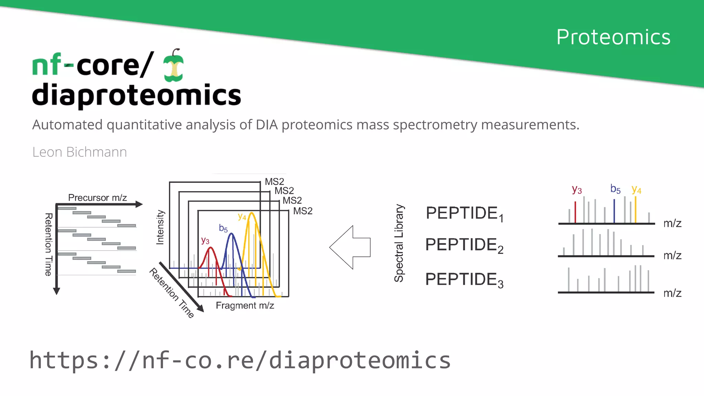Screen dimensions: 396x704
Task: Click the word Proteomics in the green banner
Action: tap(613, 37)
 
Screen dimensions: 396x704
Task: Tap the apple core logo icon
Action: tap(174, 66)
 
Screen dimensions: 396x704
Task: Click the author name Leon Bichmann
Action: tap(79, 152)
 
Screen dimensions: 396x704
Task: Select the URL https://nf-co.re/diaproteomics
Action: tap(240, 360)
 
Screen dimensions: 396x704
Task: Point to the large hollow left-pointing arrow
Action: tap(350, 247)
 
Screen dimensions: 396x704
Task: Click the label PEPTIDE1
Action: tap(464, 213)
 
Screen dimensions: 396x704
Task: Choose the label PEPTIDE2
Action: tap(464, 245)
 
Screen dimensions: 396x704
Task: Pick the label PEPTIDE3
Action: tap(464, 279)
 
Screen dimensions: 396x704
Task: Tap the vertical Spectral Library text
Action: tap(399, 243)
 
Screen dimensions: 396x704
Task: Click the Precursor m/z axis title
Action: tap(97, 198)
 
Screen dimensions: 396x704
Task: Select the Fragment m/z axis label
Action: tap(245, 305)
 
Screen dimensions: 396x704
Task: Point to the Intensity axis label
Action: tap(160, 227)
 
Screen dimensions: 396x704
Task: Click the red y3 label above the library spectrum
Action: tap(576, 189)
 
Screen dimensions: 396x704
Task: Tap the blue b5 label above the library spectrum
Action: tap(615, 189)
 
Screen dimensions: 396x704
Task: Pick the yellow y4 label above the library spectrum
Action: tap(636, 189)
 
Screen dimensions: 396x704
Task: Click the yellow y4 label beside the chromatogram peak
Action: tap(242, 217)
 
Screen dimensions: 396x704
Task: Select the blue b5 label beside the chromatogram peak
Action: tap(223, 228)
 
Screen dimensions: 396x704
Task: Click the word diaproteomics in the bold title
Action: tap(136, 95)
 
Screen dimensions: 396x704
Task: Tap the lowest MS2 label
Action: tap(302, 211)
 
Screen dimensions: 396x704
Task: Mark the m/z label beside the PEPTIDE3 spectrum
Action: tap(672, 293)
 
